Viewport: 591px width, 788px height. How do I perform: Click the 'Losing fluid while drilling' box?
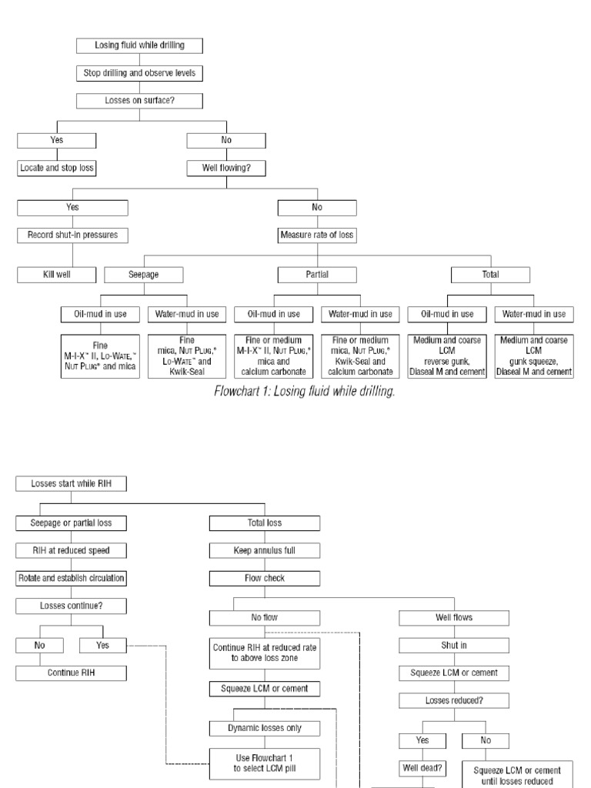pyautogui.click(x=140, y=45)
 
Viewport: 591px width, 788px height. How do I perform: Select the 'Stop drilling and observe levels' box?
pyautogui.click(x=140, y=74)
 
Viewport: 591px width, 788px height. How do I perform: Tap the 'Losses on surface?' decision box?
pyautogui.click(x=140, y=101)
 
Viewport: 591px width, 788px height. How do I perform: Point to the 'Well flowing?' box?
pyautogui.click(x=225, y=167)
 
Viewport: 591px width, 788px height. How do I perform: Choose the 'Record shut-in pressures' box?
pyautogui.click(x=72, y=235)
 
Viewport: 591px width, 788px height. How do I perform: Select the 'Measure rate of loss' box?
pyautogui.click(x=317, y=235)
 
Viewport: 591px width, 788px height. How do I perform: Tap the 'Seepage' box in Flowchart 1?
pyautogui.click(x=144, y=274)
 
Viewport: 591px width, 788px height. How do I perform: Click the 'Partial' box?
pyautogui.click(x=317, y=274)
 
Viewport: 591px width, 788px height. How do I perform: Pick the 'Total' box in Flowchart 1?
pyautogui.click(x=490, y=274)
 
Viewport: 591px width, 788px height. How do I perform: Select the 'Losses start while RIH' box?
pyautogui.click(x=70, y=484)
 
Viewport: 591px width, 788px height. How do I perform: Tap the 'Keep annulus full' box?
pyautogui.click(x=265, y=550)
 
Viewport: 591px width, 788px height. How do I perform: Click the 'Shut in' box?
pyautogui.click(x=453, y=645)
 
